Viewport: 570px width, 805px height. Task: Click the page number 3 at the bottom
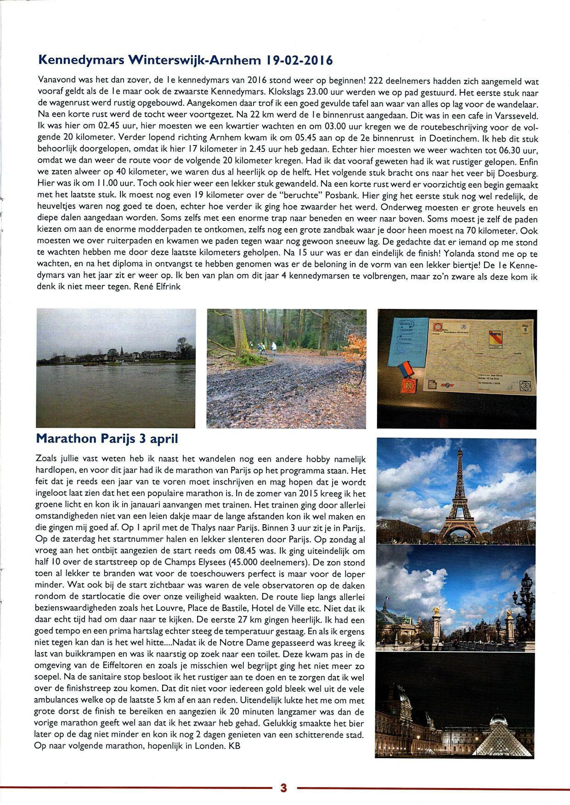point(283,788)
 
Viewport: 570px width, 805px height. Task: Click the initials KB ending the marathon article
point(235,746)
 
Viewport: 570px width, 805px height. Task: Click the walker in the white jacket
point(274,347)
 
